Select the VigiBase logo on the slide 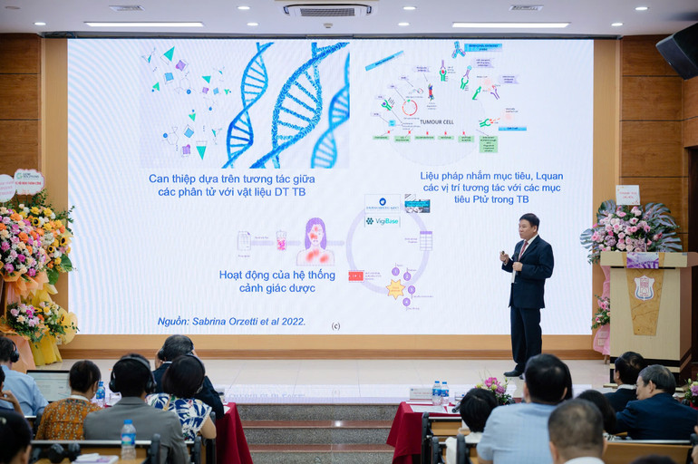click(x=383, y=220)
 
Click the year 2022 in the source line click(x=292, y=321)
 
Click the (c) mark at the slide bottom click(x=335, y=325)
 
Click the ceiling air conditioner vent click(x=326, y=10)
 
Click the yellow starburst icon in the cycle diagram click(x=395, y=288)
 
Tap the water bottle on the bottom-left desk click(x=129, y=439)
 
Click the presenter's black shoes click(x=515, y=372)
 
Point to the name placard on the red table click(x=421, y=393)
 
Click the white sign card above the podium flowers click(x=627, y=194)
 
